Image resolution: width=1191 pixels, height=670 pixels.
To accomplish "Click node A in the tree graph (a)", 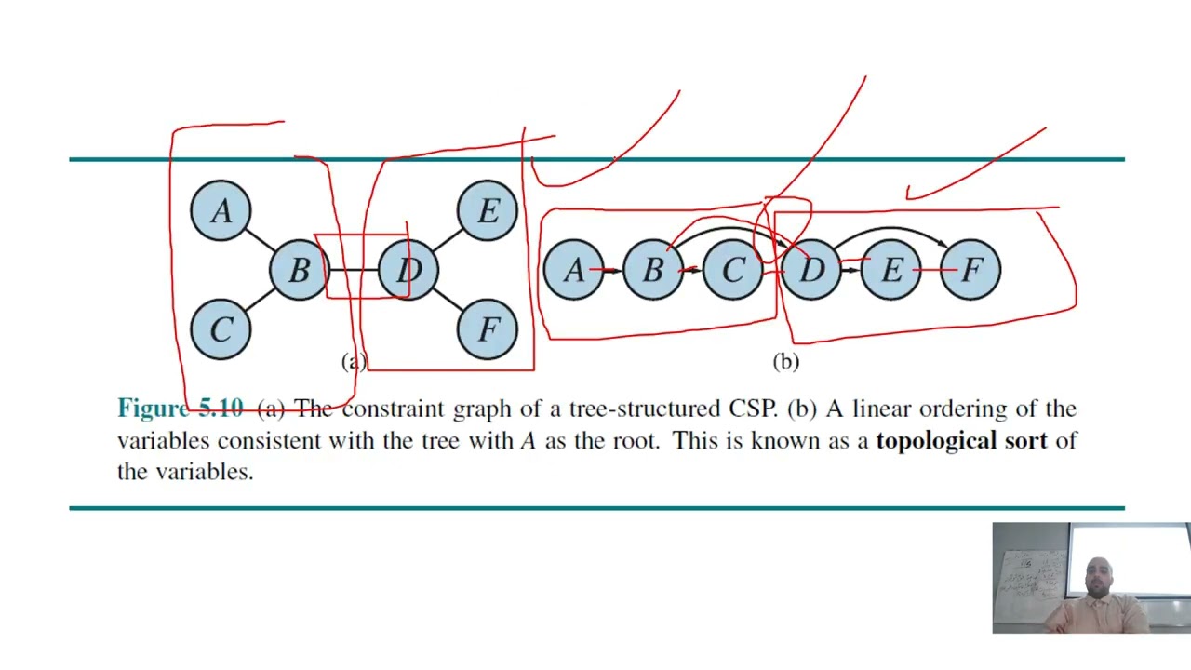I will [x=221, y=211].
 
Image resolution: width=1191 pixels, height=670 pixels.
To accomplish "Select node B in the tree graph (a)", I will [x=299, y=270].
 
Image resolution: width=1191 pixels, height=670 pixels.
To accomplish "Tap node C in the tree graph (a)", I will [x=221, y=329].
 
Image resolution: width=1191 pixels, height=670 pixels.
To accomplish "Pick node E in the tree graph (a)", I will [x=488, y=211].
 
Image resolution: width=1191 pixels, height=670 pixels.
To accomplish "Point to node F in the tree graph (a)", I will [x=488, y=329].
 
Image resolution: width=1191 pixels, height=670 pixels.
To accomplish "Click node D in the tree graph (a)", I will [x=408, y=270].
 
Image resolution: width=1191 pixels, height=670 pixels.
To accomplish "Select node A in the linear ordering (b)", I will [x=573, y=270].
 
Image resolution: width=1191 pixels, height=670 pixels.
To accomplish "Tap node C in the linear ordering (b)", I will [x=732, y=270].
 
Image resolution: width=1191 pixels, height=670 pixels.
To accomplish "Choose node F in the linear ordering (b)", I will [x=970, y=270].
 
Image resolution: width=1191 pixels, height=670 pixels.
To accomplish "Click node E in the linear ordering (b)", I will [x=890, y=270].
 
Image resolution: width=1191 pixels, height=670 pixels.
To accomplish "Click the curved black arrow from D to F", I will [x=890, y=228].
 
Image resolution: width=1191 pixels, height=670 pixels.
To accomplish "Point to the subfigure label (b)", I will [x=785, y=362].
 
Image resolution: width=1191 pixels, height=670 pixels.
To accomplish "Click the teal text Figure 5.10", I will [x=180, y=409].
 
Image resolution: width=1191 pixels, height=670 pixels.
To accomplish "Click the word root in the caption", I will [x=635, y=440].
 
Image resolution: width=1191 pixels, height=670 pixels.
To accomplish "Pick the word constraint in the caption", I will [x=394, y=409].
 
